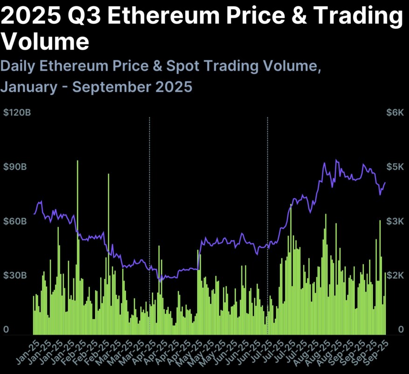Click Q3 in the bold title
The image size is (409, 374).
(x=85, y=17)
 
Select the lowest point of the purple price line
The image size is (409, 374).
(x=161, y=281)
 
